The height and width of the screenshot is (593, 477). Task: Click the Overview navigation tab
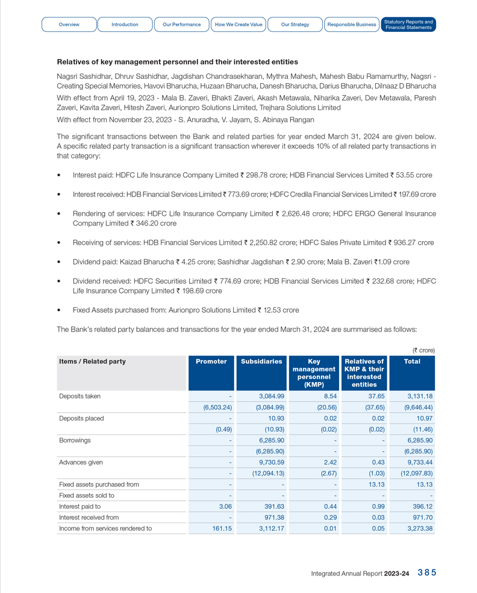[x=69, y=25]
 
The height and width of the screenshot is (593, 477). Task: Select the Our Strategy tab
[x=295, y=25]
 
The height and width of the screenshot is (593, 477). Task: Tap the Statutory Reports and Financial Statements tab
[x=408, y=25]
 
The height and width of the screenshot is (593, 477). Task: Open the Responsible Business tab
[x=352, y=25]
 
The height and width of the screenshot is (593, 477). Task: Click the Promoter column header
[x=211, y=362]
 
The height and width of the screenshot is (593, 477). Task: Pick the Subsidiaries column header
[x=261, y=362]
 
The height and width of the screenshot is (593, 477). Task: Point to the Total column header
[x=412, y=362]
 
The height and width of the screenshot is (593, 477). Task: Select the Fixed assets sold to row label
[x=87, y=495]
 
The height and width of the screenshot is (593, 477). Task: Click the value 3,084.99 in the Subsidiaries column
[x=272, y=396]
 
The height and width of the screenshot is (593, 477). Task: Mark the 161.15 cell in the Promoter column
[x=220, y=529]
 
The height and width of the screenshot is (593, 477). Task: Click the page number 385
[x=426, y=573]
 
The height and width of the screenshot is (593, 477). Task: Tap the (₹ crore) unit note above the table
[x=423, y=350]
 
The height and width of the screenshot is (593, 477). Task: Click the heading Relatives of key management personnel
[x=177, y=62]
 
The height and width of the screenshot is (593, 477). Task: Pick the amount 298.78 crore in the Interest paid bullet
[x=262, y=175]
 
